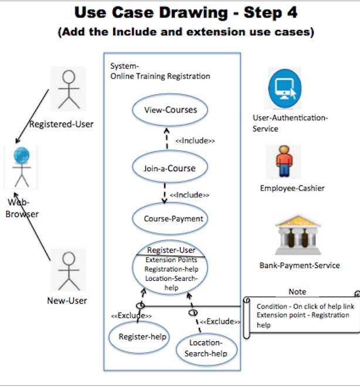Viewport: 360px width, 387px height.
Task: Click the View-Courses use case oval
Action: [x=171, y=110]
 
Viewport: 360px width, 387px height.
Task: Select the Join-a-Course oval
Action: [x=169, y=168]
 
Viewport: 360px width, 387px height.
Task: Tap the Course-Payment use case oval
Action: [x=173, y=219]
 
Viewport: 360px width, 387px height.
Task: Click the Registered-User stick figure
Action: [x=69, y=89]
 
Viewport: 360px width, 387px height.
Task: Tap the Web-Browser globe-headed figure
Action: [x=21, y=167]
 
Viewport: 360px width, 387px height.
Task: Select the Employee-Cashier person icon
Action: [x=284, y=161]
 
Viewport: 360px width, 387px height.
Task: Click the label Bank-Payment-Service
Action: [x=299, y=266]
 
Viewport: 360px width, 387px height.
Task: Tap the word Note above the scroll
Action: [x=297, y=291]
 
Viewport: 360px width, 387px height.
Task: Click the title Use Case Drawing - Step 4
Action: [x=185, y=12]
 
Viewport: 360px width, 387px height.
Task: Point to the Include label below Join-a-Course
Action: [x=189, y=194]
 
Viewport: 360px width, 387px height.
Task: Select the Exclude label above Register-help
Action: [x=131, y=316]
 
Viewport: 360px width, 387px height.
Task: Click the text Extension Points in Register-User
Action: [x=171, y=260]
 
